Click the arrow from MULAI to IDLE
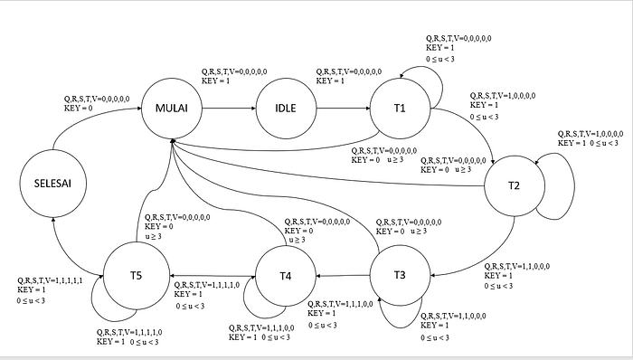pos(229,109)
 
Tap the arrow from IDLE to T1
pos(343,109)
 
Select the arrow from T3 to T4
pos(343,276)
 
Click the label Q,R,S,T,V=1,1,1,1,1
pos(50,280)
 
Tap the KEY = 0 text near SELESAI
pos(79,109)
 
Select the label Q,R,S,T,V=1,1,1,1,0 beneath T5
pos(129,332)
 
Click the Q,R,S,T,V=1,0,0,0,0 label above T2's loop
pos(590,134)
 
